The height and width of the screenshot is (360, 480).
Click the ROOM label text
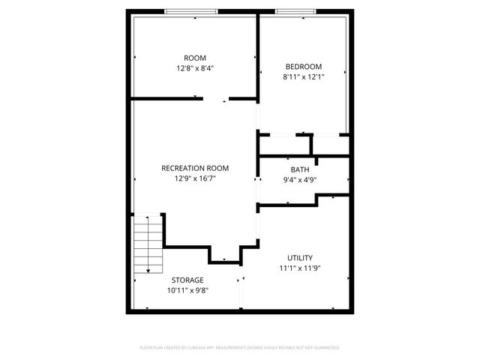(x=195, y=58)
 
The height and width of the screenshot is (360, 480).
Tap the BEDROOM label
(x=303, y=66)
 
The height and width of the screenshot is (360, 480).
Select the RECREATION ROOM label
(x=195, y=168)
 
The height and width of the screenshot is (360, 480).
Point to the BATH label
(x=300, y=169)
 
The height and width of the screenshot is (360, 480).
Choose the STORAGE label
(x=187, y=280)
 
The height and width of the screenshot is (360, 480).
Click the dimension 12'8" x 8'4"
(x=195, y=67)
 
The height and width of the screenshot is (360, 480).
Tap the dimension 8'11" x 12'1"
(x=303, y=76)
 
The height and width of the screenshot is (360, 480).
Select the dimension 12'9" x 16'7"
(x=195, y=178)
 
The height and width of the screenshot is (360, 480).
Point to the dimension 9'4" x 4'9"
(x=300, y=179)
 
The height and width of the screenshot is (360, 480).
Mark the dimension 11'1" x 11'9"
(x=300, y=268)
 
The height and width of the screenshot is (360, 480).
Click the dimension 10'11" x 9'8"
(x=187, y=290)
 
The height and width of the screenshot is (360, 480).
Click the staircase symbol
(x=148, y=244)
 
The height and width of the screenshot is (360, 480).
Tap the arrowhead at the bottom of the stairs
(x=148, y=269)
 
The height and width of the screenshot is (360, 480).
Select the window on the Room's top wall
(x=190, y=11)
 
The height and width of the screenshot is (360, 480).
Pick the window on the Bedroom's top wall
(x=295, y=11)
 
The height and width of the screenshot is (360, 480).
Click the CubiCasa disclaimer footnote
(x=240, y=347)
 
